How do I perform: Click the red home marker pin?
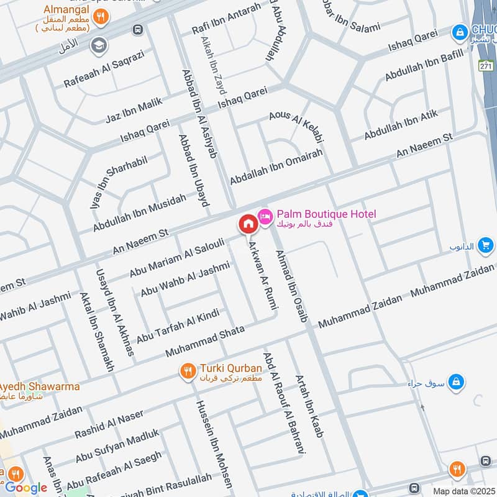247,224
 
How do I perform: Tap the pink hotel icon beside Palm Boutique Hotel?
265,215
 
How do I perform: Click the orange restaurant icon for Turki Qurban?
187,372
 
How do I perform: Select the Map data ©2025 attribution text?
463,491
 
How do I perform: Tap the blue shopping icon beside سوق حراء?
455,380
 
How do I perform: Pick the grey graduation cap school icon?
98,45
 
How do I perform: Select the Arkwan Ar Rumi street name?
263,274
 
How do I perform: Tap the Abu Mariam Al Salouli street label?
176,257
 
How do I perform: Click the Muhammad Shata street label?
205,339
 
